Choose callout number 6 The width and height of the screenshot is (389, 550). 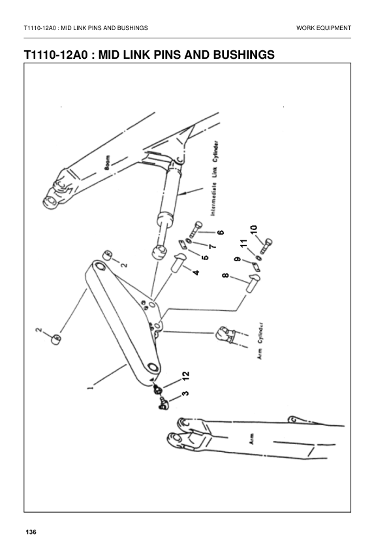220,233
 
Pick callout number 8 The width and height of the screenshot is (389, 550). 226,277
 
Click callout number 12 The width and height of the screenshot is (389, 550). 185,375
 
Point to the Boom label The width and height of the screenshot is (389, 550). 108,163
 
